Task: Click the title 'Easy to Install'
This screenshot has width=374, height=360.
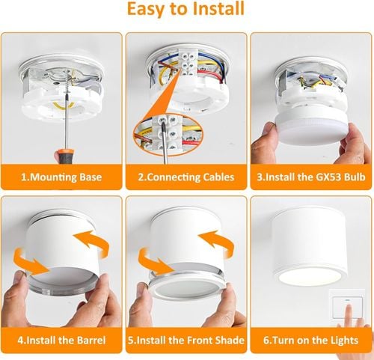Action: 186,10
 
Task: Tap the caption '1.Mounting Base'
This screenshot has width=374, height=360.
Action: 61,177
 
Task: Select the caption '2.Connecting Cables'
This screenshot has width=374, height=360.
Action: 186,177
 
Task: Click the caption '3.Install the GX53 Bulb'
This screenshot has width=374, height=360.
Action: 310,177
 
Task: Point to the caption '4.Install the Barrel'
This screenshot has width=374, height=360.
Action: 61,341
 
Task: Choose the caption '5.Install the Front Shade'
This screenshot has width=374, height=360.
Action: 186,341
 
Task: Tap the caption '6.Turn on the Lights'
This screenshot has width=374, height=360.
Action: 310,341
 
